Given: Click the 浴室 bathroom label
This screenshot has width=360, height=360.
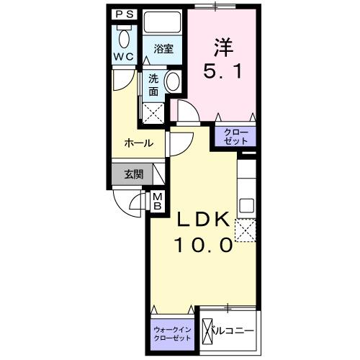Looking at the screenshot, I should pos(163,49).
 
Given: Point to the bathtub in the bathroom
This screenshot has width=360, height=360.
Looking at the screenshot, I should pos(163,23).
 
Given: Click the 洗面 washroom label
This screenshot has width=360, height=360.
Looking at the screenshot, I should pos(153,86).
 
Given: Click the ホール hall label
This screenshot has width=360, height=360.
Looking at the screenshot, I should pos(138,143).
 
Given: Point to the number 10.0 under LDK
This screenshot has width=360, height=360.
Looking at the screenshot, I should pos(203,246).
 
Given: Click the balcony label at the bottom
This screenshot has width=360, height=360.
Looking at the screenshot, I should pos(232,331).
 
